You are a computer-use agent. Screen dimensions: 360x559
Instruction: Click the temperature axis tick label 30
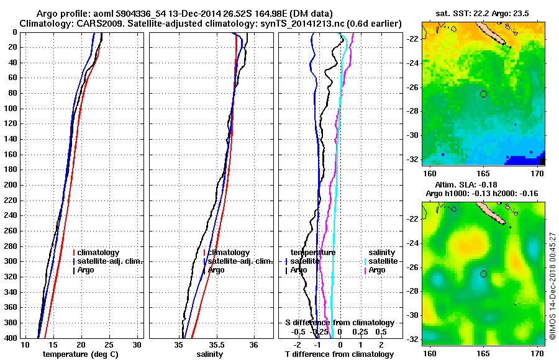coord(137,344)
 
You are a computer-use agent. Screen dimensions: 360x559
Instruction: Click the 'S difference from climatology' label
coord(339,323)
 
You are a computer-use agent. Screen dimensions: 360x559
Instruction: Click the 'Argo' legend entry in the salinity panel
coord(216,270)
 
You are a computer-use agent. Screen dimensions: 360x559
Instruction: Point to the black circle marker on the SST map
coord(483,94)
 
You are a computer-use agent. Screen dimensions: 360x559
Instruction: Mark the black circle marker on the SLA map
coord(483,274)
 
